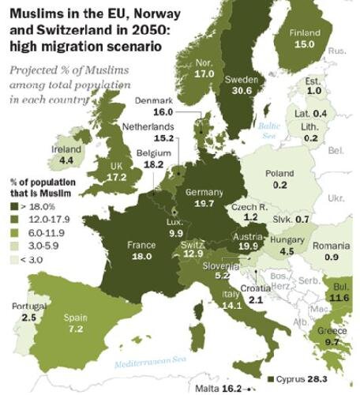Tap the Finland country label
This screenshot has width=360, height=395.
point(306,33)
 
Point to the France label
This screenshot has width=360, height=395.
point(141,245)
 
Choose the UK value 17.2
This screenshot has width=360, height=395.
point(116,178)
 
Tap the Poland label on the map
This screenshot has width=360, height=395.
point(279,174)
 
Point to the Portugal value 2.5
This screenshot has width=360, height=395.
point(29,317)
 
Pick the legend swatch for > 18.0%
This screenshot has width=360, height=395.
point(15,207)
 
